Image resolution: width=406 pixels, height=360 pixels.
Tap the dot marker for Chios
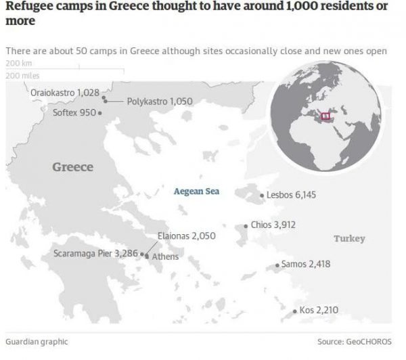pyautogui.click(x=246, y=226)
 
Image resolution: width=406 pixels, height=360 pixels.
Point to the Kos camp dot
pyautogui.click(x=294, y=311)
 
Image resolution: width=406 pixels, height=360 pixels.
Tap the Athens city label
pyautogui.click(x=166, y=257)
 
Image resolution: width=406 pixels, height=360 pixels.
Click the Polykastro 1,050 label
pyautogui.click(x=160, y=102)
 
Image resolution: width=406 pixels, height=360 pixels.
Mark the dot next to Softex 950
pyautogui.click(x=100, y=113)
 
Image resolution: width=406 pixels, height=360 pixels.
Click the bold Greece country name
pyautogui.click(x=72, y=166)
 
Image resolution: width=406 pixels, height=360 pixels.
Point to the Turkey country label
pyautogui.click(x=349, y=239)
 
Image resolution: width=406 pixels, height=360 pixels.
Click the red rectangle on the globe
pyautogui.click(x=324, y=116)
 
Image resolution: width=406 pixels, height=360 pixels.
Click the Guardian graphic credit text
pyautogui.click(x=37, y=342)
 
